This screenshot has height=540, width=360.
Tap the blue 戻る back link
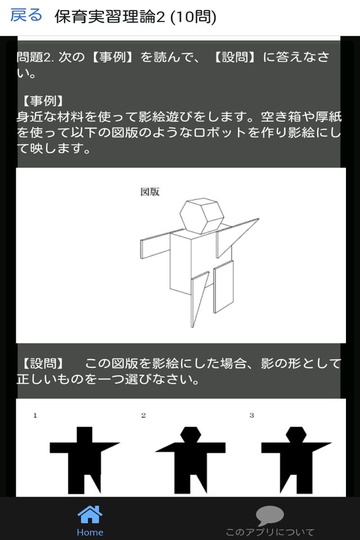[26, 16]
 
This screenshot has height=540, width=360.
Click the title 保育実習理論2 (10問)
[136, 16]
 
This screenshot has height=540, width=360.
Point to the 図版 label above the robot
[150, 192]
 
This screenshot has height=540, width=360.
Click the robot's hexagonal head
[202, 215]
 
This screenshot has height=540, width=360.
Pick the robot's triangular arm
[237, 237]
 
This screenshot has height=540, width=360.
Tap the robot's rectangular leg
[223, 286]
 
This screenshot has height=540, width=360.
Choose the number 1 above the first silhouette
[35, 415]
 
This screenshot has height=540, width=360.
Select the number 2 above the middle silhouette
[143, 415]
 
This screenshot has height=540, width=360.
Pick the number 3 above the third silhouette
[252, 415]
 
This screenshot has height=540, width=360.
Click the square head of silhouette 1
[84, 435]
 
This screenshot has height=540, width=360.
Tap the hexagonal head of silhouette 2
[191, 434]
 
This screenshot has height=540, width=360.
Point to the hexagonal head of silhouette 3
[296, 434]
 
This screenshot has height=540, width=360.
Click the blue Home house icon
[90, 514]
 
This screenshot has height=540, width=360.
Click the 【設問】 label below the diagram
[43, 363]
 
